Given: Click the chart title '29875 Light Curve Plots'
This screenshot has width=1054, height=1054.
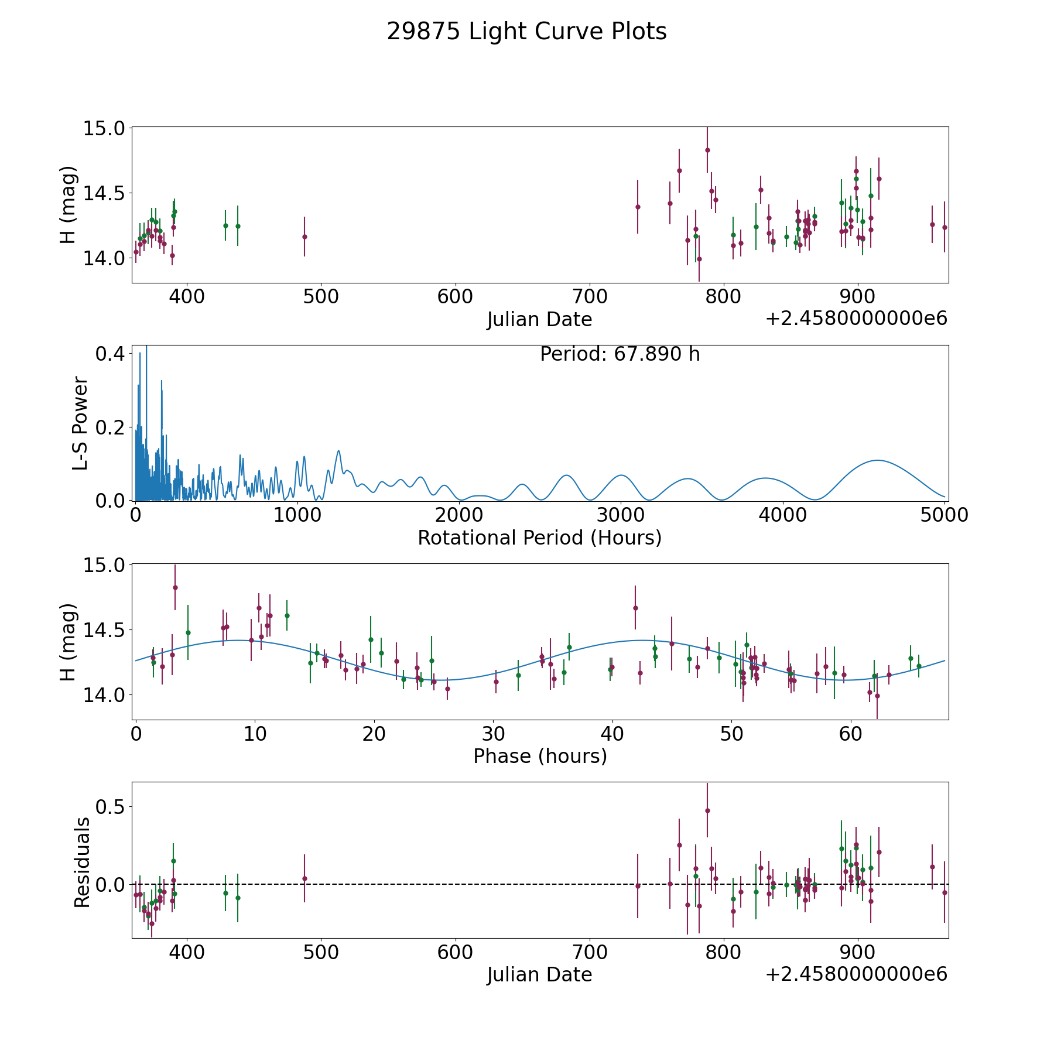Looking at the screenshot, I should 526,32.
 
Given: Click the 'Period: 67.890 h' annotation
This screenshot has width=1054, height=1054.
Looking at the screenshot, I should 620,354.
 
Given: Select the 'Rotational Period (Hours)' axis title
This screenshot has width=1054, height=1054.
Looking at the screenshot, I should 539,538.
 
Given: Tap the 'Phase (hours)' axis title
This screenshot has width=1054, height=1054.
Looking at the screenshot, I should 539,756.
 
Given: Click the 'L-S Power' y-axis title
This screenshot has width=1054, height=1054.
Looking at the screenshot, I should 81,423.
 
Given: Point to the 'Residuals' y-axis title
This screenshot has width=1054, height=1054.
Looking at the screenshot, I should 82,862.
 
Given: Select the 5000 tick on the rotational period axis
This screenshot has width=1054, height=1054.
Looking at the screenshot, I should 944,515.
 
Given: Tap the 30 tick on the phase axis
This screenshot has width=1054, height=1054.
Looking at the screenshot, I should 493,734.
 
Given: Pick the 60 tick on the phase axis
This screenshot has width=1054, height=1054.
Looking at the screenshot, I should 850,734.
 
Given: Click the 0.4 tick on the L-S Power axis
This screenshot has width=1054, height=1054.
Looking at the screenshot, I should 111,354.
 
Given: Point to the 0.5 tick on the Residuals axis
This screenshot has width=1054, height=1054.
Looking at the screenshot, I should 111,807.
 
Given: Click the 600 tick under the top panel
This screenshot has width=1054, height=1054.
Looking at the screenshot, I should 455,297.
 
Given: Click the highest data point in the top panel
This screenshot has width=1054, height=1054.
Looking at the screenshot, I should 707,150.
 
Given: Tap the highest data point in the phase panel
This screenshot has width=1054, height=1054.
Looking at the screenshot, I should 175,587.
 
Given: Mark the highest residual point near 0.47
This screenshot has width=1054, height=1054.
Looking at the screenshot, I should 707,810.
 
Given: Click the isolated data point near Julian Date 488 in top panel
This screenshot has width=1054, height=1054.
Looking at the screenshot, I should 304,237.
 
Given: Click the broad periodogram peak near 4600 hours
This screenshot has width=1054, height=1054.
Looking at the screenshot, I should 877,460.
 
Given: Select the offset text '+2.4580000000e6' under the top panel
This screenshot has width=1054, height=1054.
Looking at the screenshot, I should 856,319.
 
